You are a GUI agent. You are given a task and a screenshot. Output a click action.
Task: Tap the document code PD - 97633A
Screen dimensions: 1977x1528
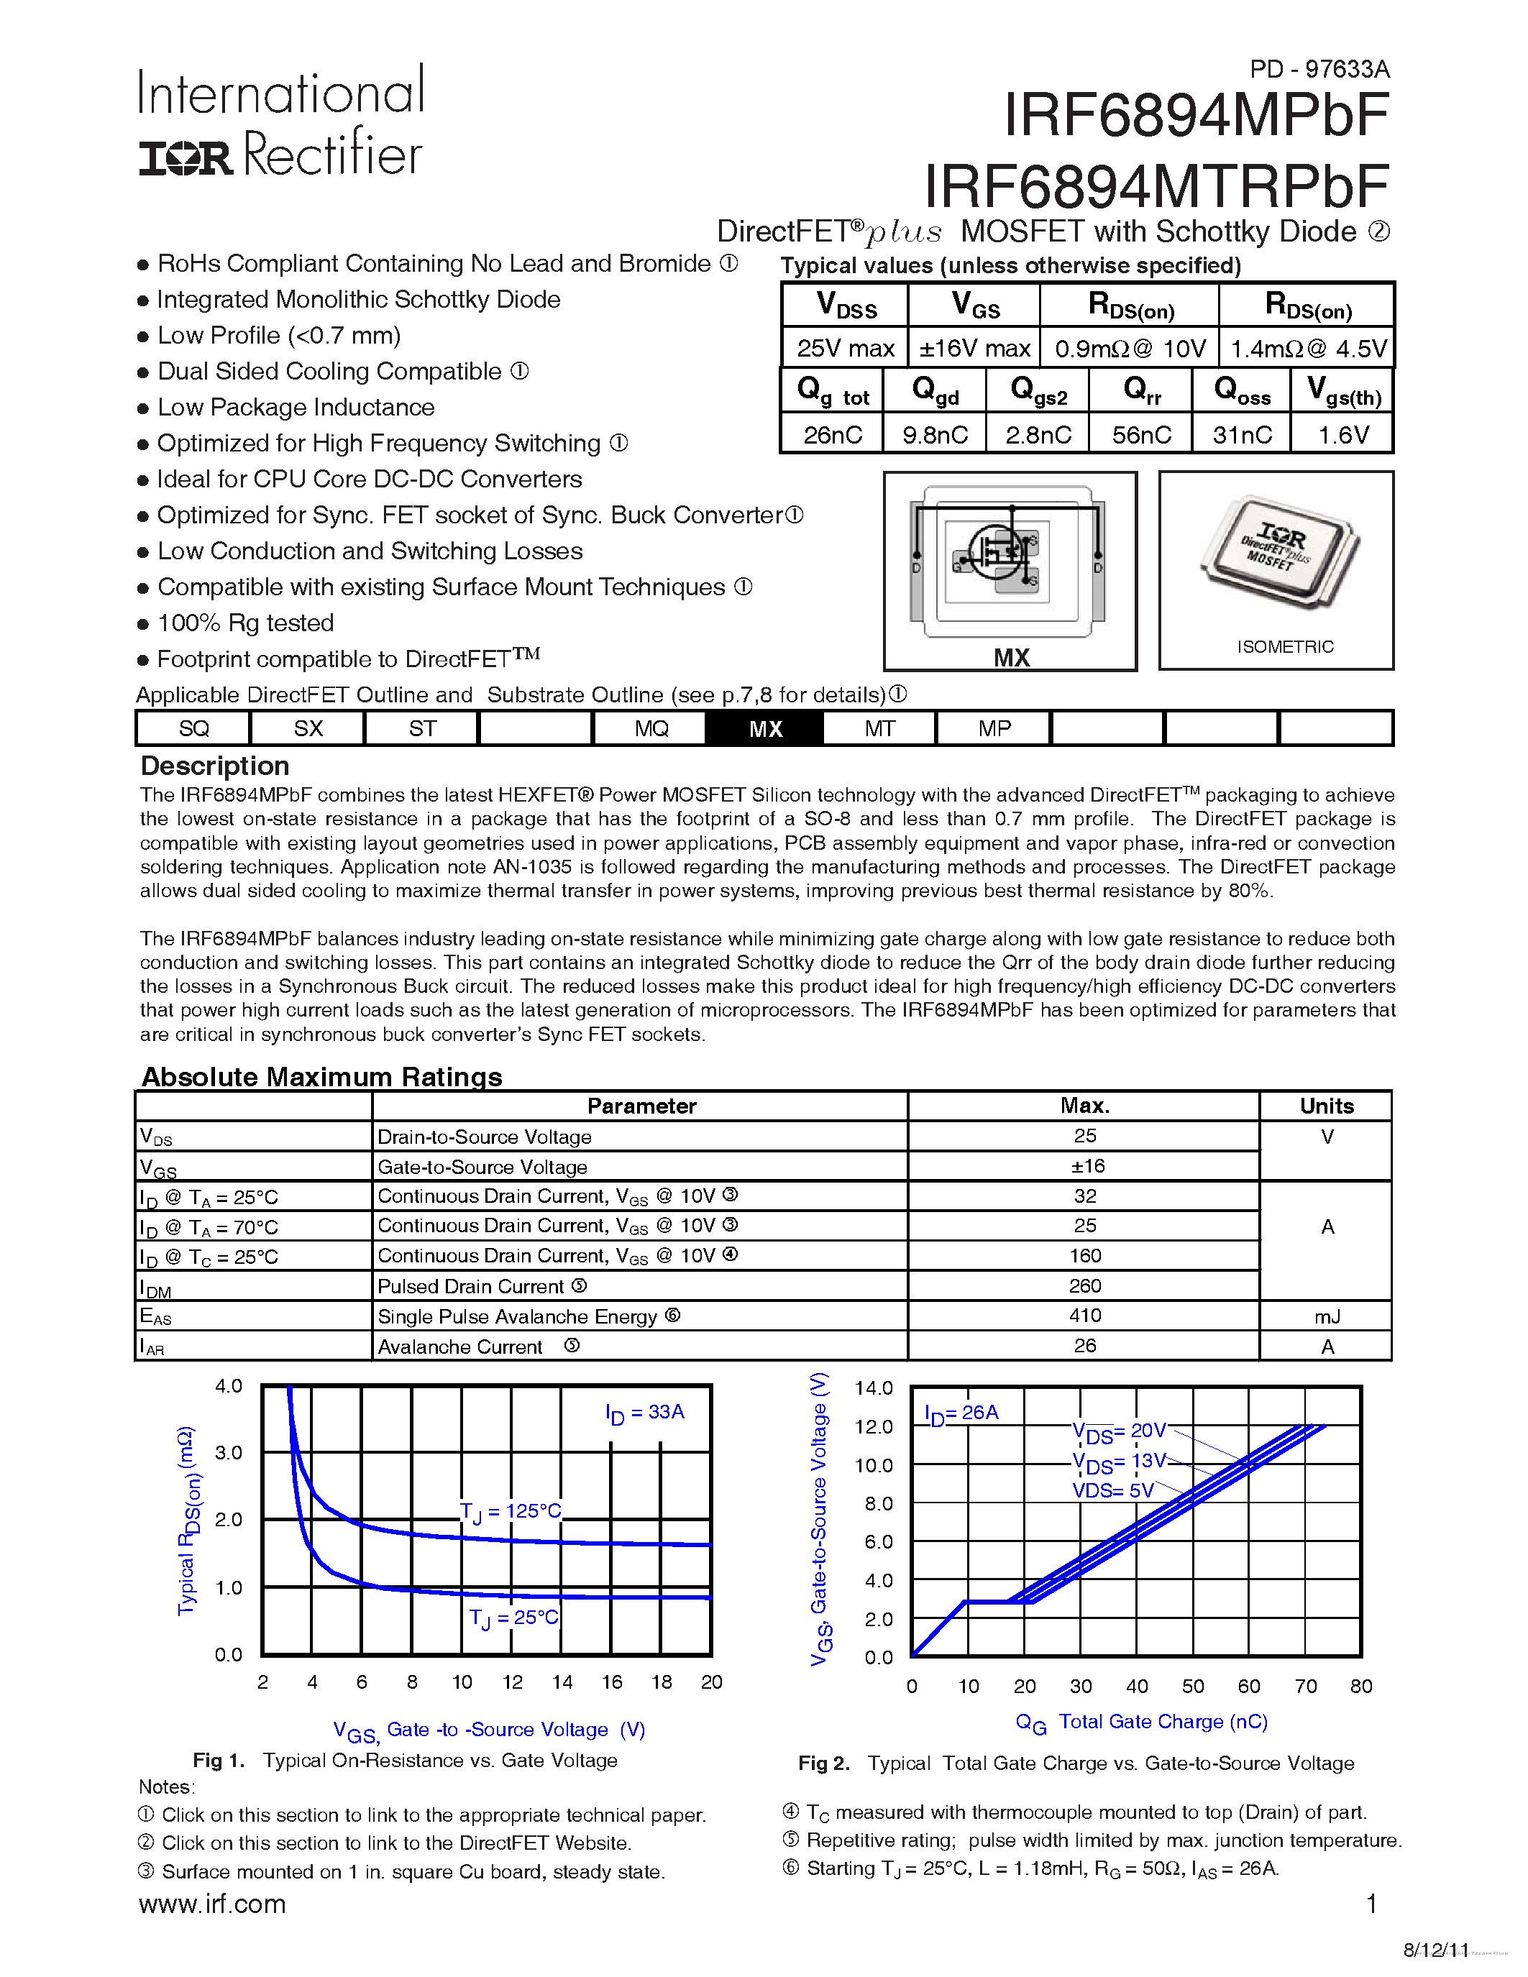point(1319,69)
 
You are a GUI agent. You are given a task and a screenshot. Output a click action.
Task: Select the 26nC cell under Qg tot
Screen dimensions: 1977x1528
point(832,434)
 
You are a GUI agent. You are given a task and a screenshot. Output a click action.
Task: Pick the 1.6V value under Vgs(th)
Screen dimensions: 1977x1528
point(1342,434)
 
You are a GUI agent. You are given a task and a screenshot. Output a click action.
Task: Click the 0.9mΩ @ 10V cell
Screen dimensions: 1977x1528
point(1130,349)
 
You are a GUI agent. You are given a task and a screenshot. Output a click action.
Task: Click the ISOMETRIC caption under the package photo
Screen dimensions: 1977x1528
point(1284,646)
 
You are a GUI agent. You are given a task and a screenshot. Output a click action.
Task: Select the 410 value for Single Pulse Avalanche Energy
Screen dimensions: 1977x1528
point(1084,1316)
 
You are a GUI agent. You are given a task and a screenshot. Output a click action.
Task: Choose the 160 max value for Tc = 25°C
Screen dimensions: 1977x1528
point(1084,1255)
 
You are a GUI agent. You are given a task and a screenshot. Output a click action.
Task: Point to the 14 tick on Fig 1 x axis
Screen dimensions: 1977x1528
point(562,1682)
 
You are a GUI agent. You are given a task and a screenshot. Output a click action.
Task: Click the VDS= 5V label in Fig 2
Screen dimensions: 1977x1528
point(1112,1490)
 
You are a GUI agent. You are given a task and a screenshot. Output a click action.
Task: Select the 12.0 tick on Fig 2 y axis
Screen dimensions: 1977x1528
point(873,1426)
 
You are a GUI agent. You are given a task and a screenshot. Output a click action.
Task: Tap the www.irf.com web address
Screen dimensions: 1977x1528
point(212,1904)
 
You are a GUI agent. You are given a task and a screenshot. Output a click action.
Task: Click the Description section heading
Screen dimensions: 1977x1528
point(214,766)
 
